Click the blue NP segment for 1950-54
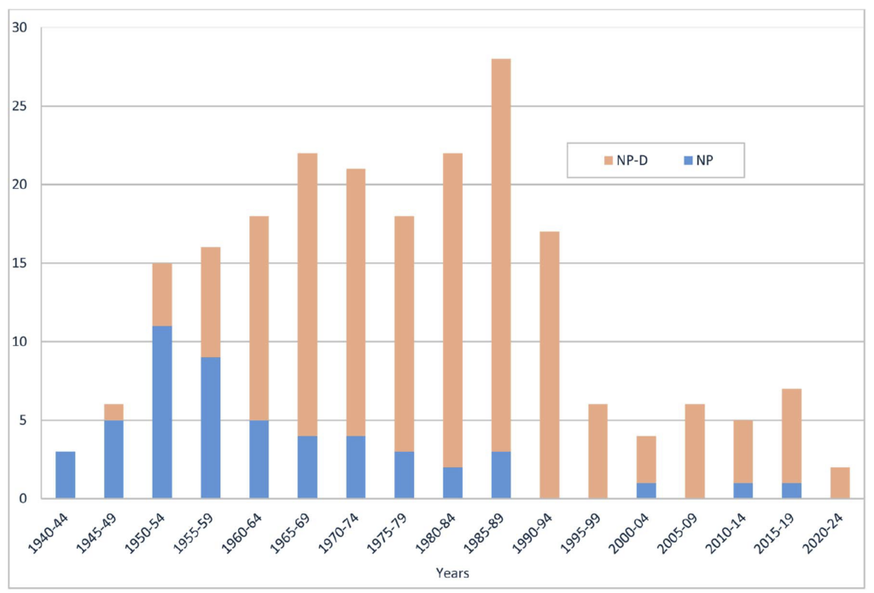(162, 412)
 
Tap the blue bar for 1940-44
(65, 475)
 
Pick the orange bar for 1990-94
(549, 365)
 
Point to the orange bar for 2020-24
(839, 483)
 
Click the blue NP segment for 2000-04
(646, 490)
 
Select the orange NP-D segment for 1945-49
(114, 412)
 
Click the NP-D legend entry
(626, 161)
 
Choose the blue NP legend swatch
(686, 161)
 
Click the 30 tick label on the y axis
(20, 28)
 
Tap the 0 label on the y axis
(23, 499)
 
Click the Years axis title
(452, 572)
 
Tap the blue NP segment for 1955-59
(211, 427)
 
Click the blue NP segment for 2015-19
(791, 490)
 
